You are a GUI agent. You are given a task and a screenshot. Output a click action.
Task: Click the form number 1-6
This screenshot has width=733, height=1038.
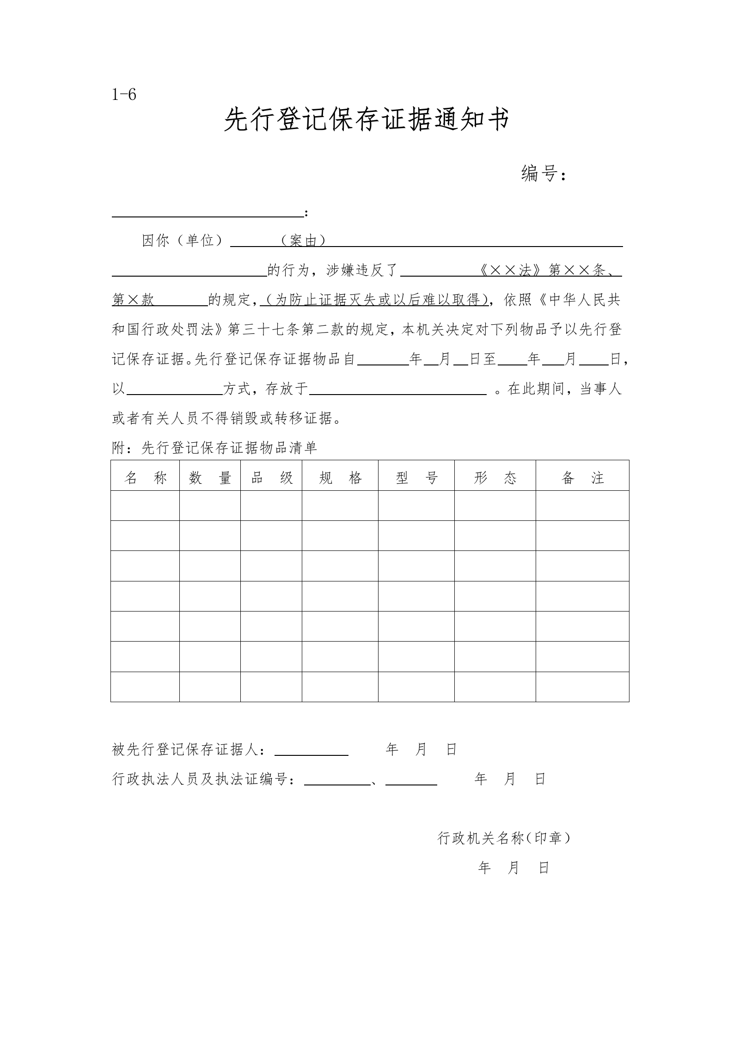[x=124, y=95]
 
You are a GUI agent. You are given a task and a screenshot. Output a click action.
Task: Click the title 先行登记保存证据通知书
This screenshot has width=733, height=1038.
[x=366, y=120]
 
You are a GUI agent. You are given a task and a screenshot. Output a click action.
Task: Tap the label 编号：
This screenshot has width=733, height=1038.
[x=544, y=174]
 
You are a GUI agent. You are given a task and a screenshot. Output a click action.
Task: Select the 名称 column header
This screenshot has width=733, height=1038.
[x=145, y=478]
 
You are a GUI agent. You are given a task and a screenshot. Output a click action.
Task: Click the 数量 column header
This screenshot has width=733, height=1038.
[x=210, y=478]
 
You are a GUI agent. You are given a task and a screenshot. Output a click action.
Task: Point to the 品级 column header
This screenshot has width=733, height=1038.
[x=271, y=478]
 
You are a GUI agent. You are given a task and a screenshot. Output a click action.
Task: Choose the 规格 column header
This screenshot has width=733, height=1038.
[x=340, y=478]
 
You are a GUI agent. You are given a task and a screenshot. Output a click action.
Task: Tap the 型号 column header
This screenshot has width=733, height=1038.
[x=416, y=478]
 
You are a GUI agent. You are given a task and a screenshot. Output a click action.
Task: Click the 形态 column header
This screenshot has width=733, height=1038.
[x=495, y=478]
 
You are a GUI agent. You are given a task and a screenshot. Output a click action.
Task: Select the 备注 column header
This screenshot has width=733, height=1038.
[x=582, y=478]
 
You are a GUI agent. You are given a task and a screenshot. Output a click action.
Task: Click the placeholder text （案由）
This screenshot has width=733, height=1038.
[x=303, y=241]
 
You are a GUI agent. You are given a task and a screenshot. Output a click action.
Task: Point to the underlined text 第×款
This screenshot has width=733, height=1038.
[x=133, y=300]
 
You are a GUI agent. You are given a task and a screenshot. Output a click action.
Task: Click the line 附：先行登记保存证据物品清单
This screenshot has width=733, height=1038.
[x=214, y=448]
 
